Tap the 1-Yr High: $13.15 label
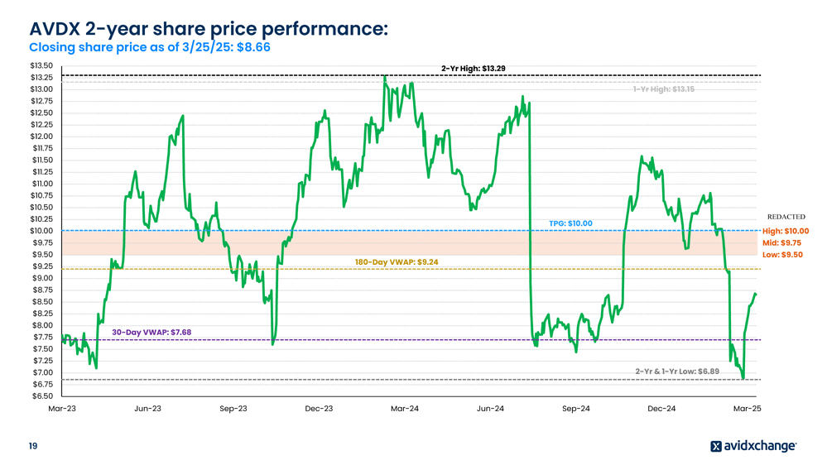click(x=664, y=89)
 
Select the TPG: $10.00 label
click(x=571, y=223)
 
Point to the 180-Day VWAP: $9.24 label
click(x=397, y=261)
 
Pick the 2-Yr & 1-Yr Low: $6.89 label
click(x=677, y=372)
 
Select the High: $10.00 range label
click(x=786, y=231)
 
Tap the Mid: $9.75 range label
click(x=781, y=243)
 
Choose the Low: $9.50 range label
click(x=782, y=255)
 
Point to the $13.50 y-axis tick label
click(x=41, y=65)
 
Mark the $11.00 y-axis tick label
click(x=41, y=184)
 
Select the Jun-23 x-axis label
click(x=148, y=409)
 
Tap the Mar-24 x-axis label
click(x=404, y=409)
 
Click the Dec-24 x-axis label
click(x=661, y=409)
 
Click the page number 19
click(x=32, y=447)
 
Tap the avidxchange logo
click(x=753, y=447)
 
